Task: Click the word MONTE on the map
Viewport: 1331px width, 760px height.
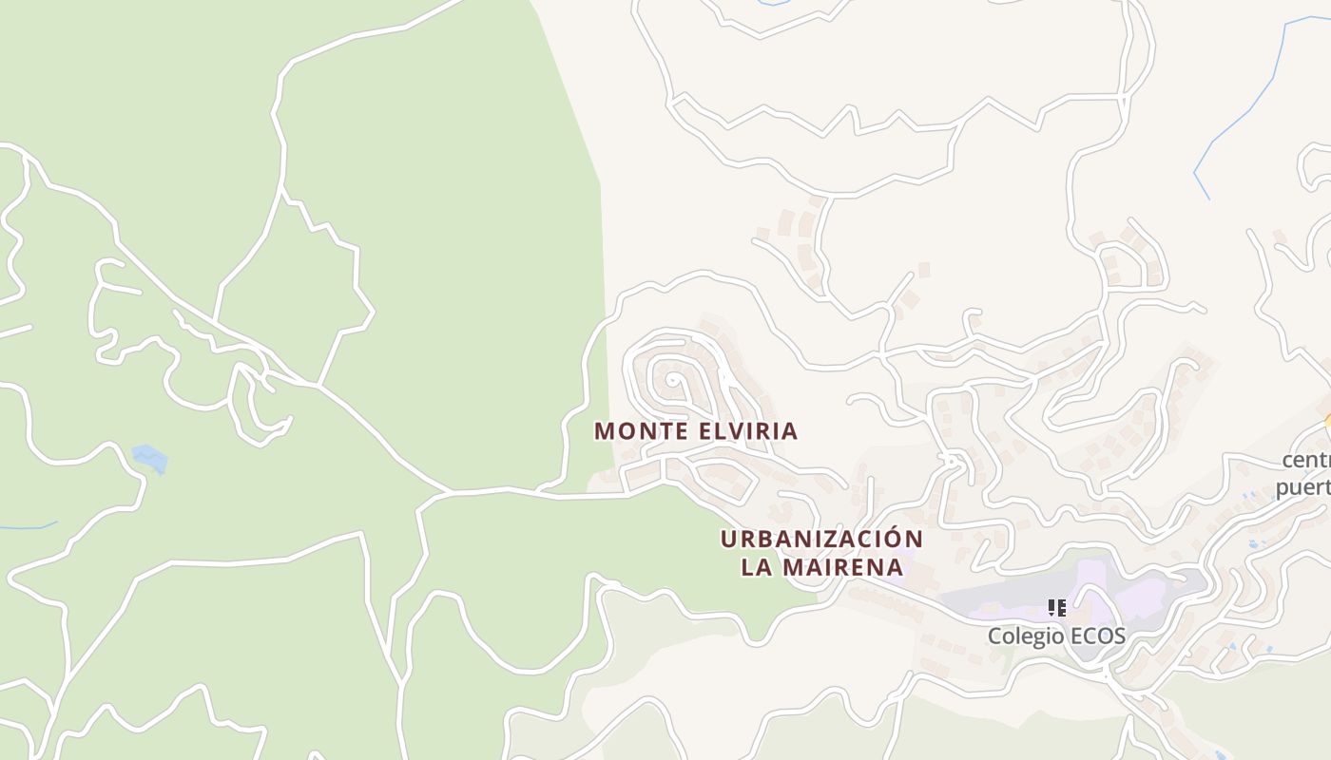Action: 641,431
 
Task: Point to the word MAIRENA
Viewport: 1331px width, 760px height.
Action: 842,568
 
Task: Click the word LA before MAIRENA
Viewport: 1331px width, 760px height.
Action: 758,568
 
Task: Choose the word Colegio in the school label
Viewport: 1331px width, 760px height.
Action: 1023,636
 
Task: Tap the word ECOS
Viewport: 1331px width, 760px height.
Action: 1095,636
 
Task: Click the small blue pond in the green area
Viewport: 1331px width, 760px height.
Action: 150,458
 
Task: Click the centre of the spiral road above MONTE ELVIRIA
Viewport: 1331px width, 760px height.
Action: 672,383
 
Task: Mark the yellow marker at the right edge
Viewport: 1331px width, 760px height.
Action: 1327,423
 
